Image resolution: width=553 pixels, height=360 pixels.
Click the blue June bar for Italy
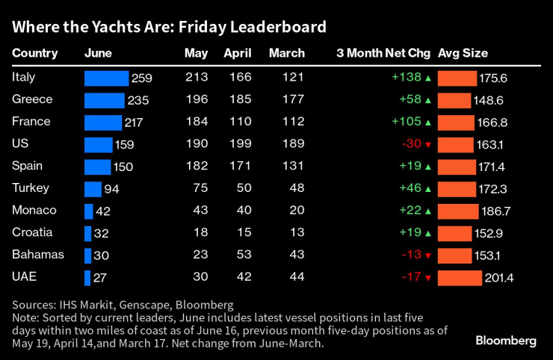point(106,78)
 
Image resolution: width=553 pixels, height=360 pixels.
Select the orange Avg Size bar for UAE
point(460,278)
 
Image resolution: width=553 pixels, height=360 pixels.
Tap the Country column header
point(35,53)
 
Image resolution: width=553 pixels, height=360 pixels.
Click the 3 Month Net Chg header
point(383,53)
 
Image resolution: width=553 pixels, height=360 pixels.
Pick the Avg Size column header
point(463,53)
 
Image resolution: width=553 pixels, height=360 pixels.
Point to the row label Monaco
point(34,211)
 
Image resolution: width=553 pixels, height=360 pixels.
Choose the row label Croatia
point(33,233)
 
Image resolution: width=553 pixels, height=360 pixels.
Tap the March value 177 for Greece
point(294,100)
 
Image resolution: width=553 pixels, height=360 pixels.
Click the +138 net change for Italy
point(406,78)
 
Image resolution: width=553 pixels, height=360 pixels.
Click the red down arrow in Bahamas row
point(428,256)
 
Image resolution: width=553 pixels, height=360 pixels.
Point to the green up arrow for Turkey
point(428,190)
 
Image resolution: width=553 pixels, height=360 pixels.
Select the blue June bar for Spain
point(97,167)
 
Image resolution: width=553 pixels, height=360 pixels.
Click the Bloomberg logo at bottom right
point(506,341)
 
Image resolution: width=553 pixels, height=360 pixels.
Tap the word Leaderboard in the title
point(279,28)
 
